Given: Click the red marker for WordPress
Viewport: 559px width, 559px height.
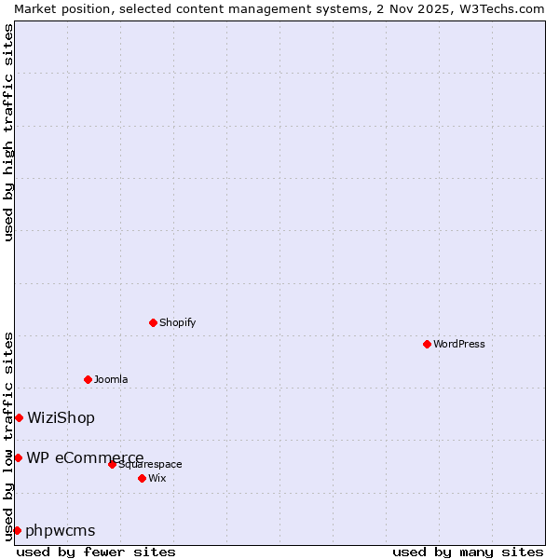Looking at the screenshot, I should tap(427, 344).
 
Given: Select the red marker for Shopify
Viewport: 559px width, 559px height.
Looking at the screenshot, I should tap(153, 322).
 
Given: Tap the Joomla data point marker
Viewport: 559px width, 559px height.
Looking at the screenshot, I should tap(88, 379).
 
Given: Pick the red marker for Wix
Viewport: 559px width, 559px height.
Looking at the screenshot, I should tap(142, 478).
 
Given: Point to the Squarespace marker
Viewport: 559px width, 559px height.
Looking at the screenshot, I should tap(112, 464).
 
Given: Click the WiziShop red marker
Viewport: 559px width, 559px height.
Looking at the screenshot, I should tap(19, 417).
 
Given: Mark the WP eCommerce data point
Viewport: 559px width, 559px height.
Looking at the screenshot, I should tap(18, 457).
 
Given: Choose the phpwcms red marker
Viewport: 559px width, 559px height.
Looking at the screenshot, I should tap(17, 530).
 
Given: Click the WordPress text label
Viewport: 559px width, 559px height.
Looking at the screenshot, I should tap(459, 344).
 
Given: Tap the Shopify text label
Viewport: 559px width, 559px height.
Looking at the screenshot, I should tap(177, 322).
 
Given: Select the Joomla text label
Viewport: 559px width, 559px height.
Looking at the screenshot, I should tap(111, 379).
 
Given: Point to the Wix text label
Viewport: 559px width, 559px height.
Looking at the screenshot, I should tap(157, 478).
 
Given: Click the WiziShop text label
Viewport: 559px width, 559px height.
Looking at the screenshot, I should tap(61, 417).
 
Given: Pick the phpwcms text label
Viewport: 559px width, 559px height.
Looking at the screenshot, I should tap(61, 530).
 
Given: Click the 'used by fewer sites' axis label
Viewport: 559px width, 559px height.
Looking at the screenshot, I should tap(96, 552).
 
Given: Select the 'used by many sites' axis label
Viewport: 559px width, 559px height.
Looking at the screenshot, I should tap(468, 552).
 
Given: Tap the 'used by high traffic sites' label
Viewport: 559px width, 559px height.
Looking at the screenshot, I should tap(8, 132).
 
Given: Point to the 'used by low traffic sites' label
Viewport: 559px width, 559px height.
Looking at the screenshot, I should tap(8, 436).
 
